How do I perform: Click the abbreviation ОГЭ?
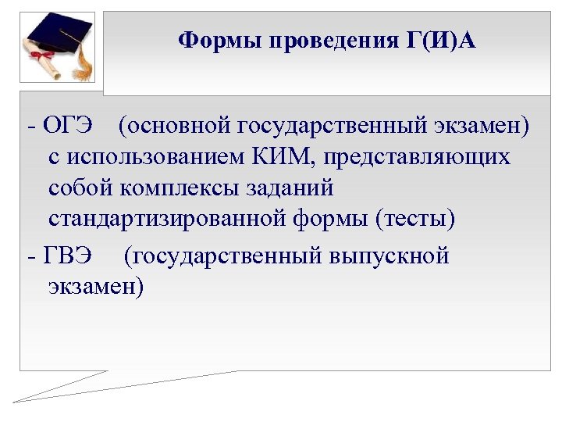pos(68,125)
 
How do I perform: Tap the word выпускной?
pos(391,256)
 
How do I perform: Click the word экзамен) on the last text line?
pos(96,287)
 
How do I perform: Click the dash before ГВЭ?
pos(30,256)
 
